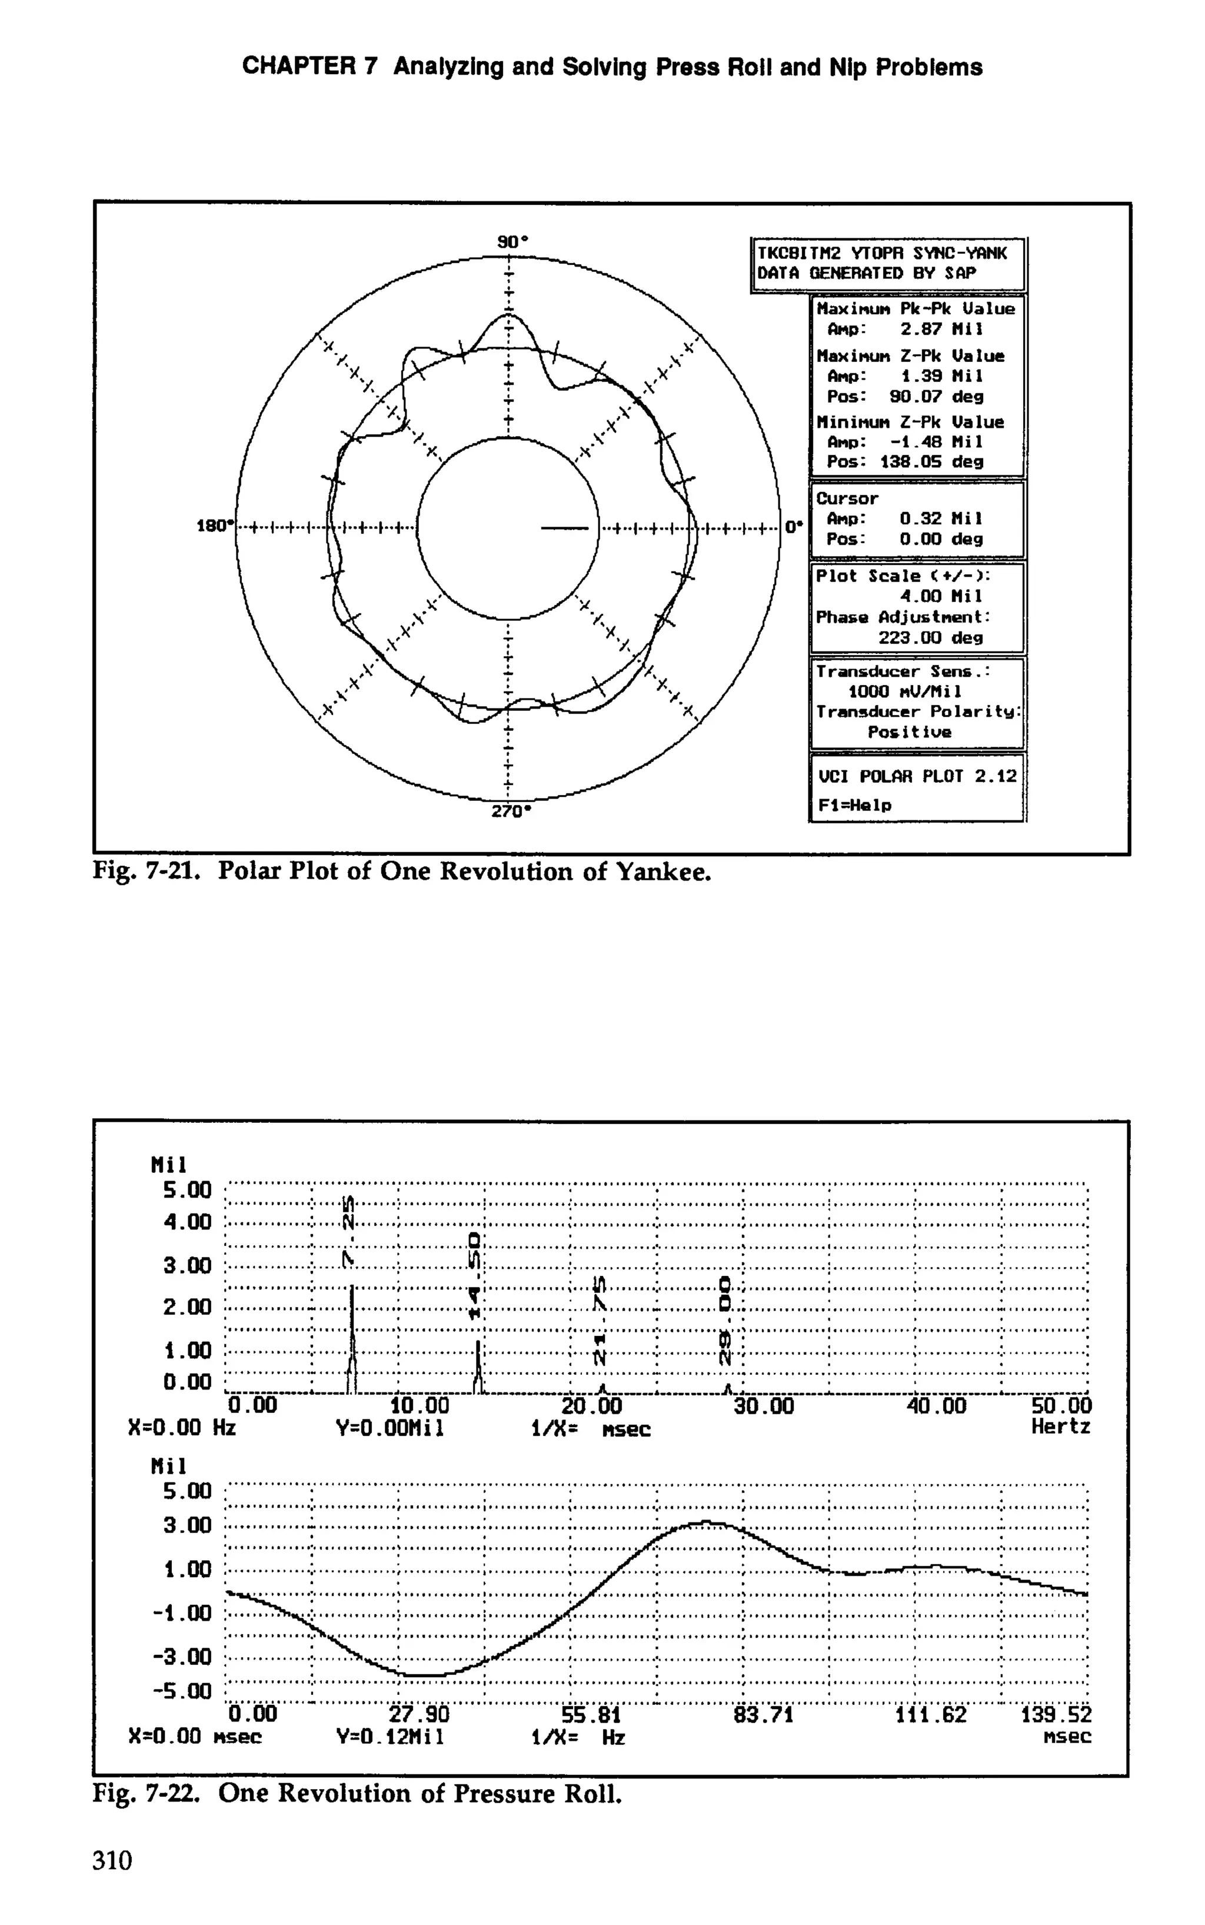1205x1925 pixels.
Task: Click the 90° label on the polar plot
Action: click(x=512, y=241)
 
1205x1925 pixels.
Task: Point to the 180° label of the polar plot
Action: click(x=215, y=526)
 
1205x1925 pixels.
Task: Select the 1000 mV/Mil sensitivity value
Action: click(x=904, y=691)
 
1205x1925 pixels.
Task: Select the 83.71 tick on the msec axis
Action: click(x=764, y=1714)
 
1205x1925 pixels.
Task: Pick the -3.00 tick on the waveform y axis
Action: click(x=187, y=1657)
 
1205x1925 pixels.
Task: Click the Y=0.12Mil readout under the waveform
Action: click(x=390, y=1736)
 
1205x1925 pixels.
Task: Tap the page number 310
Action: click(x=112, y=1860)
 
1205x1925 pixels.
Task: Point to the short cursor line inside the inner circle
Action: click(x=564, y=527)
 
